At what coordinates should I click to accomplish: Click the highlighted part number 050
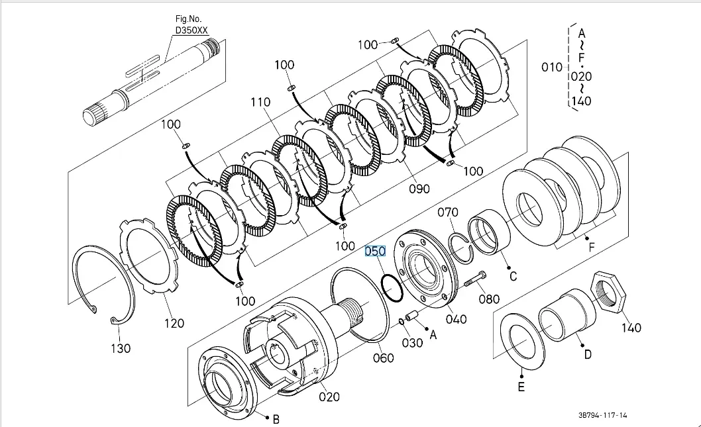click(x=375, y=252)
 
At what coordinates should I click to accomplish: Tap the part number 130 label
click(x=121, y=348)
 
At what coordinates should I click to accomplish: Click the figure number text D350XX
click(x=191, y=30)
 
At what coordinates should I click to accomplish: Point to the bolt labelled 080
click(x=475, y=279)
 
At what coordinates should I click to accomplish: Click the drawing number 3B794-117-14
click(x=603, y=415)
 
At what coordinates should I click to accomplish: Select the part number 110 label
click(x=260, y=103)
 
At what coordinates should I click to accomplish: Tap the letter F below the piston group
click(x=592, y=247)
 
